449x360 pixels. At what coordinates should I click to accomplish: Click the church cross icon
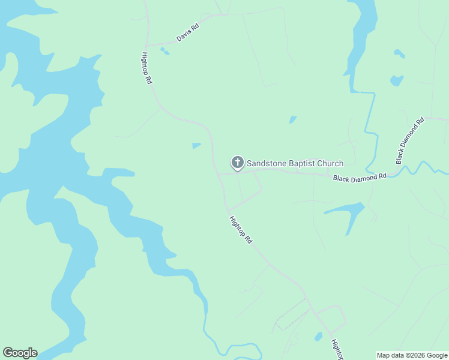pos(237,162)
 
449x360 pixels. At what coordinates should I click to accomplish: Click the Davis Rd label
pos(187,32)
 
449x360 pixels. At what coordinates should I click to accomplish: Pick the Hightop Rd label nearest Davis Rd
pos(146,67)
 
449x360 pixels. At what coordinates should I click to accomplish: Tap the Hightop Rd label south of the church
pos(240,230)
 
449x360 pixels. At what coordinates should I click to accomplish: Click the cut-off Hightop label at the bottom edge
pos(336,350)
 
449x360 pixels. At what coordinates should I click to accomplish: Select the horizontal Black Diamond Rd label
pos(360,178)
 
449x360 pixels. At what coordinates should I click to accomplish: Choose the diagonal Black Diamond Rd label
pos(410,140)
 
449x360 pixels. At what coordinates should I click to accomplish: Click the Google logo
pos(20,353)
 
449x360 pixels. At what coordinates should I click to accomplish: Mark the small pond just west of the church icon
pos(196,145)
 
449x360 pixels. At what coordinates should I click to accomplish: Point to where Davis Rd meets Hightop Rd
pos(147,46)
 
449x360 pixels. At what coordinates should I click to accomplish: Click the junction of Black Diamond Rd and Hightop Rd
pos(219,175)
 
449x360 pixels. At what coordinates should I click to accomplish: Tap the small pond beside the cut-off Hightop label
pos(318,337)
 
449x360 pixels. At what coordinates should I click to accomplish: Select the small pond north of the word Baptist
pos(293,119)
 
